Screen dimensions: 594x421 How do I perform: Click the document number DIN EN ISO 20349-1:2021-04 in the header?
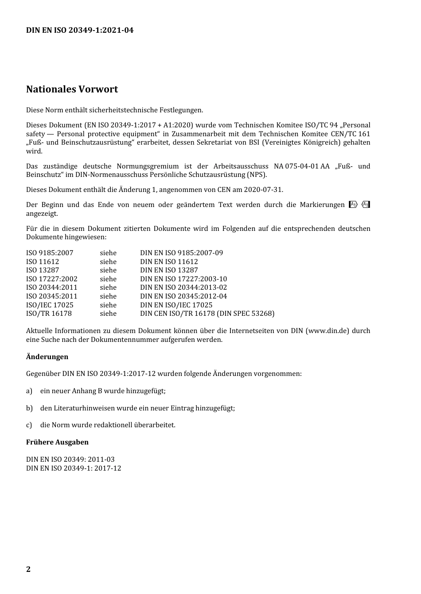click(x=80, y=30)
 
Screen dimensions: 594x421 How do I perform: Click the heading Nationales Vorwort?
click(x=72, y=89)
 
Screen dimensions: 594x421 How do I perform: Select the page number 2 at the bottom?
click(x=28, y=569)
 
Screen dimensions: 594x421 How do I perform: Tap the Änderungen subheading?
click(x=47, y=356)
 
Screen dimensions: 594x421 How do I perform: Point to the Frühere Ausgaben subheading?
click(x=57, y=442)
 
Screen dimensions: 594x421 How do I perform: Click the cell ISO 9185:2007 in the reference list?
click(x=50, y=253)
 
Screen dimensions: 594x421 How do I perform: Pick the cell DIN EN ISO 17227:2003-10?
click(x=183, y=279)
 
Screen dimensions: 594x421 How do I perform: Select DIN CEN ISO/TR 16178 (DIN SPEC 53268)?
click(x=207, y=314)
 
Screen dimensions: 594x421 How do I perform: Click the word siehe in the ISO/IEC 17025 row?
click(x=108, y=305)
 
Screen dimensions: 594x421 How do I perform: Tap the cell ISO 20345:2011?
click(x=51, y=296)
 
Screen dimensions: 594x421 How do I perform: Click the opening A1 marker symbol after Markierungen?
click(x=353, y=205)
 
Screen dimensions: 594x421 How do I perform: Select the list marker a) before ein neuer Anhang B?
click(x=29, y=391)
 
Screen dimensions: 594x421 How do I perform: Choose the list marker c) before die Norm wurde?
click(x=29, y=425)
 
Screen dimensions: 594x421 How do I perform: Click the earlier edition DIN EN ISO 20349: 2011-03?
click(x=70, y=460)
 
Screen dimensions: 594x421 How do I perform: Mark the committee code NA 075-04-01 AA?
click(x=301, y=166)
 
